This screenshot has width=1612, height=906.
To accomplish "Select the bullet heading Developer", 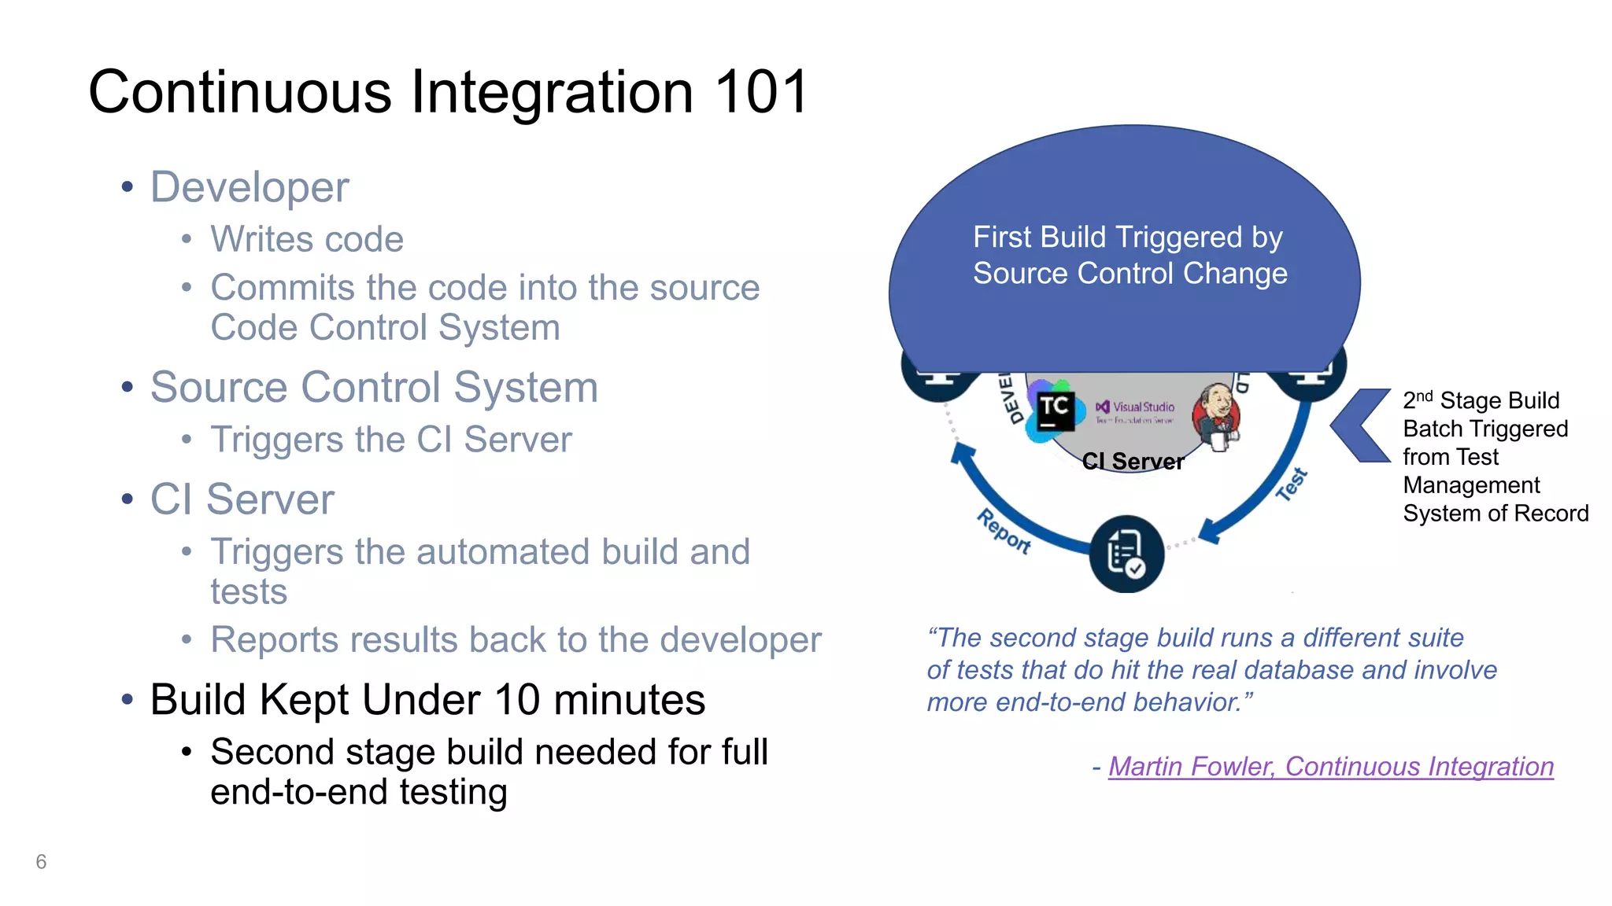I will point(249,187).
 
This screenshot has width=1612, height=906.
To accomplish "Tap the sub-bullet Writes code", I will point(307,239).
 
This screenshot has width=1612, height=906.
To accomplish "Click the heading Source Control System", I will point(374,387).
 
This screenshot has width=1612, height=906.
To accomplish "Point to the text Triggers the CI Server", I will point(391,440).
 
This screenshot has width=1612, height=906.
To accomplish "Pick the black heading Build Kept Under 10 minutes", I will point(427,699).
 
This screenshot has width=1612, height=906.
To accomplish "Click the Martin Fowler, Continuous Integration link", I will point(1330,766).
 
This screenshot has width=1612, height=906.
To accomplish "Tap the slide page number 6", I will point(41,862).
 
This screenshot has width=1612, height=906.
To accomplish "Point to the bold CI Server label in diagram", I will point(1132,462).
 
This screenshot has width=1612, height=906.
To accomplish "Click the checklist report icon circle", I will point(1126,554).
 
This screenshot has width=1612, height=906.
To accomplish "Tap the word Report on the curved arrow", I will point(1004,532).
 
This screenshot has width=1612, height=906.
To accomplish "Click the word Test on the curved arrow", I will point(1291,484).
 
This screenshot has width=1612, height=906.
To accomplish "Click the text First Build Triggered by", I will point(1127,238).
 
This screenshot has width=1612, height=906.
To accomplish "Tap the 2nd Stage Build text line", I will point(1480,400).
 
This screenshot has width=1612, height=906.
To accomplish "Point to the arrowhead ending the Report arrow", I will point(962,454).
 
